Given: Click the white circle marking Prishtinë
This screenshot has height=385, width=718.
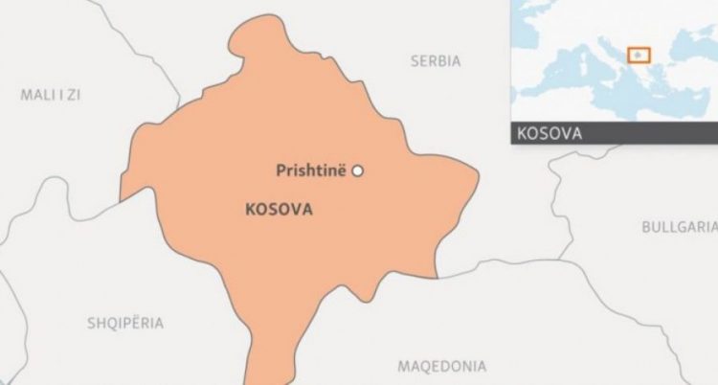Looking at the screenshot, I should click(x=358, y=171).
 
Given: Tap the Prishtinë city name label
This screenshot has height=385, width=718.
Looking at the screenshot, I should click(x=312, y=171).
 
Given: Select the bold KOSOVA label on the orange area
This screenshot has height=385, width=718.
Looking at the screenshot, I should click(x=279, y=209).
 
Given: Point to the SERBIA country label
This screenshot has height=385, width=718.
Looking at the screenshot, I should click(x=436, y=61).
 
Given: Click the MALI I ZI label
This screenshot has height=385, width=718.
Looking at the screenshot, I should click(x=51, y=94).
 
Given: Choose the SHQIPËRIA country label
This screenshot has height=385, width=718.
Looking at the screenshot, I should click(x=125, y=324).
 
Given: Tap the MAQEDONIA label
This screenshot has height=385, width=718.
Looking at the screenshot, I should click(x=441, y=366).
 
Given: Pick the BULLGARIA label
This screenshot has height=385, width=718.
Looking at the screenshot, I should click(x=679, y=227).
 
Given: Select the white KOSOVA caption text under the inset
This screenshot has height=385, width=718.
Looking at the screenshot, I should click(x=550, y=133).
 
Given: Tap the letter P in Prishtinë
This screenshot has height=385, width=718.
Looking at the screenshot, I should click(x=280, y=171).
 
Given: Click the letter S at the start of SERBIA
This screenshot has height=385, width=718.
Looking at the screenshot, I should click(x=415, y=61).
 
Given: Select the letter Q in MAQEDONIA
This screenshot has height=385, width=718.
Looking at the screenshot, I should click(x=428, y=366).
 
